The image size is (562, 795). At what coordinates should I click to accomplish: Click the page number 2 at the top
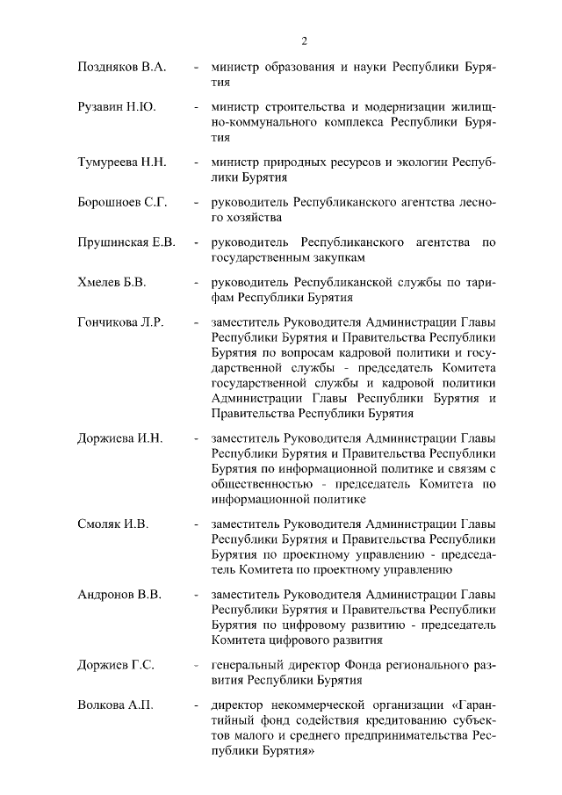point(304,40)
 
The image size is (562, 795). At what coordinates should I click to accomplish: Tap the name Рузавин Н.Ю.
point(117,107)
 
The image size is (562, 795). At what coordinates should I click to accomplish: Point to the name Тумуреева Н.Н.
point(123,163)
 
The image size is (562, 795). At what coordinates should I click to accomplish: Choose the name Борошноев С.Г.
point(122,203)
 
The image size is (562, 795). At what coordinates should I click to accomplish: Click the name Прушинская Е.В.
point(126,242)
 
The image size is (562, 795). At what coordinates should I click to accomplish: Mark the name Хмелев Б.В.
point(112,283)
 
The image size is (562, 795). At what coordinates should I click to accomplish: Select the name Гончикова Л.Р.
point(121,322)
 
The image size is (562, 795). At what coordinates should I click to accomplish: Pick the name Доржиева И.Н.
point(120,438)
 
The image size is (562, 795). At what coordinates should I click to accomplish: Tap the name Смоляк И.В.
point(113,524)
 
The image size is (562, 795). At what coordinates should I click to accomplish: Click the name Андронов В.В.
point(119,596)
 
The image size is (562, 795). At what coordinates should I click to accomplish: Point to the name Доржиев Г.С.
point(116,666)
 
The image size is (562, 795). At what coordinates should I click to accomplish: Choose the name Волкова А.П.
point(115,706)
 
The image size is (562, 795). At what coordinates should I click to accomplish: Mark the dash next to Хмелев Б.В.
point(195,283)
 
